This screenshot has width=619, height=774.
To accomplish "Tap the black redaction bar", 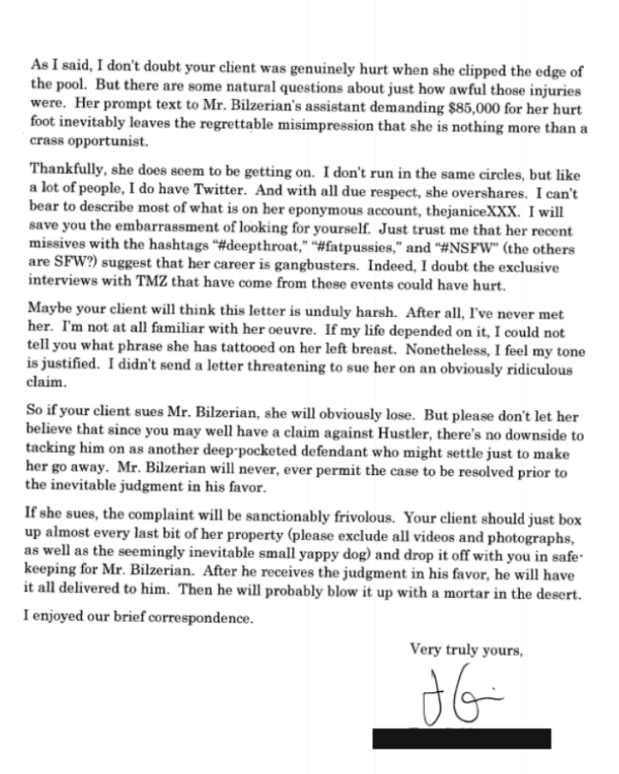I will click(x=462, y=738).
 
